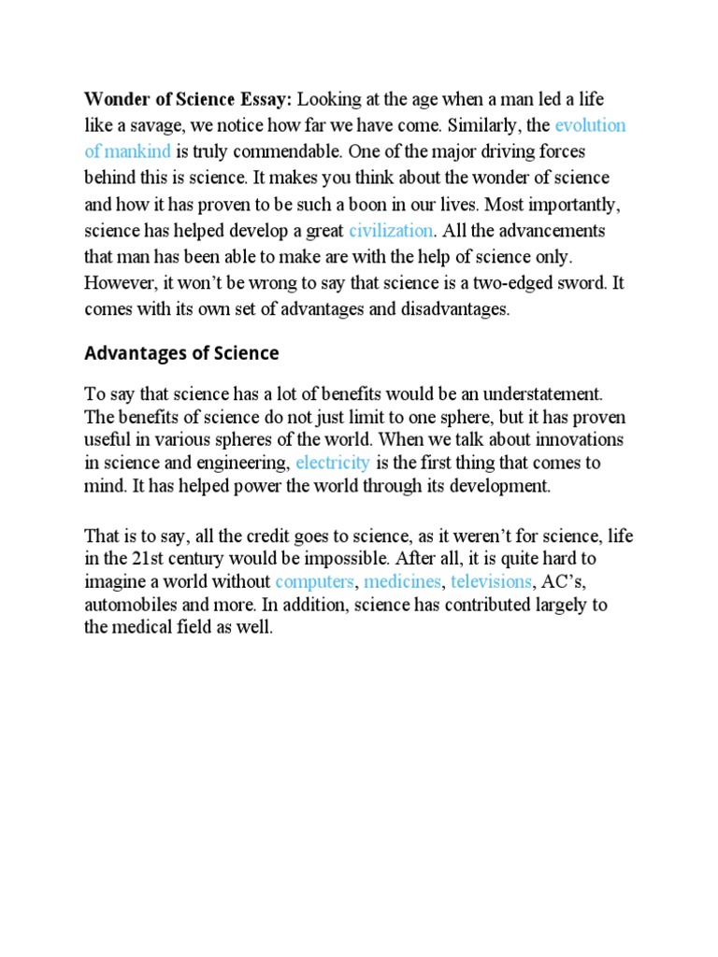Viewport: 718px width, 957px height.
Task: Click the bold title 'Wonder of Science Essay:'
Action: (189, 99)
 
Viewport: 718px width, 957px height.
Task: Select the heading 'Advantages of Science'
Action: (181, 353)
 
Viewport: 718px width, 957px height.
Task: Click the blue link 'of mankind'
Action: (127, 151)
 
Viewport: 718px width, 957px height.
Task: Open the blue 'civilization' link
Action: (391, 230)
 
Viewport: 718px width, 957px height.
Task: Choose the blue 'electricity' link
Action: (333, 463)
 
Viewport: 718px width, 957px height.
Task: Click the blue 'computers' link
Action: (315, 582)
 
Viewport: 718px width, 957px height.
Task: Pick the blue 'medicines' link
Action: (403, 582)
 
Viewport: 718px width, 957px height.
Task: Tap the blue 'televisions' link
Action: (491, 582)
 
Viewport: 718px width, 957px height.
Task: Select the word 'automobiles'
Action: (130, 606)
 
